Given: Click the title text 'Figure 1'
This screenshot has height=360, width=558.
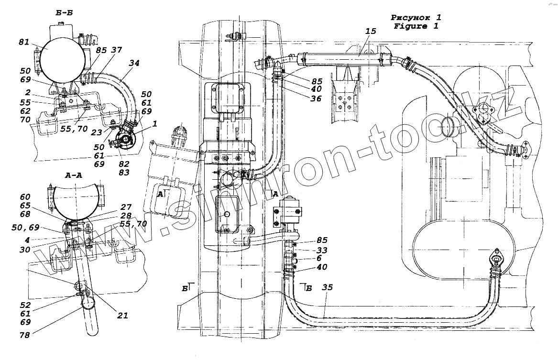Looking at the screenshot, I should pos(416,26).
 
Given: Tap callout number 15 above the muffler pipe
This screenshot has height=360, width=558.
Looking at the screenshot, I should pos(371,32).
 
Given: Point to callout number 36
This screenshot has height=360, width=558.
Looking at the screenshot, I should pos(315,99).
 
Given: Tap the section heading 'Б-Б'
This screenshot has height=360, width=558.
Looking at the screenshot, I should pos(64,14).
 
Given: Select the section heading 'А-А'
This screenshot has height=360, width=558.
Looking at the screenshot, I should pos(73,175).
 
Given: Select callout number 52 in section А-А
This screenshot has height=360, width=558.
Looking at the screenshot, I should pos(25,305).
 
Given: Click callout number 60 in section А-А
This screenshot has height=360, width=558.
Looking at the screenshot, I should pos(25,197).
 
